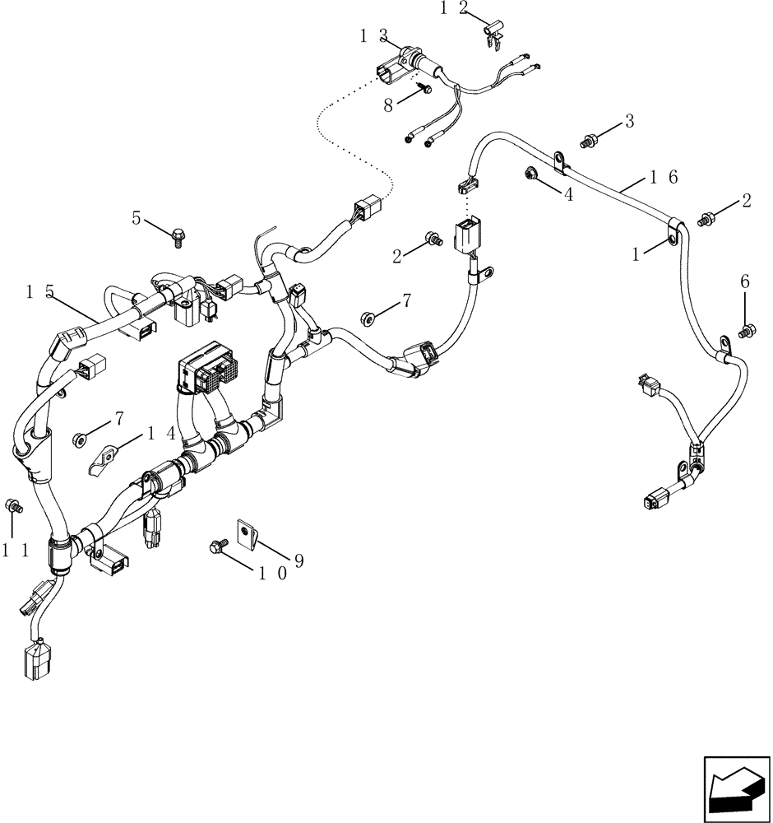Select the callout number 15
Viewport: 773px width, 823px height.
tap(39, 291)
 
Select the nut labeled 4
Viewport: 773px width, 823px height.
tap(530, 174)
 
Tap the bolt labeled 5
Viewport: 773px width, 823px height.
tap(178, 238)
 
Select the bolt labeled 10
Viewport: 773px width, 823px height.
tap(220, 545)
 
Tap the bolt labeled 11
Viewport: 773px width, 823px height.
tap(13, 506)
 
